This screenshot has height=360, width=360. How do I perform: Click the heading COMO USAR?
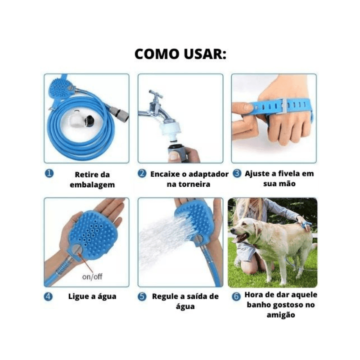[180, 54]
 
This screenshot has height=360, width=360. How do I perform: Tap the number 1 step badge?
[49, 174]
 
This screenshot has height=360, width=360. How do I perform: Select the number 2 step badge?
[142, 173]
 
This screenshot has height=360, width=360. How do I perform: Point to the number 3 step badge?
[237, 173]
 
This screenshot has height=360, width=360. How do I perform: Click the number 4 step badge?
[48, 297]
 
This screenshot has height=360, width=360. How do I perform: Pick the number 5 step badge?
[142, 297]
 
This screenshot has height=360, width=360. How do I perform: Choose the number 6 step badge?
[236, 297]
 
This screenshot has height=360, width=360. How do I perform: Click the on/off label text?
[92, 277]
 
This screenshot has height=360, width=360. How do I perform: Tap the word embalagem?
[92, 185]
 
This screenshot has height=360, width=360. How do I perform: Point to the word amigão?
[281, 315]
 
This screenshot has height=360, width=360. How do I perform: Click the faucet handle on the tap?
[155, 94]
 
